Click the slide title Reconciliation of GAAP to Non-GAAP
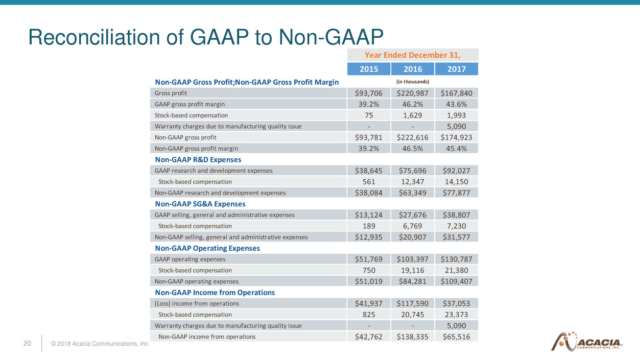[205, 38]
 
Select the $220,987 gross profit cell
[413, 93]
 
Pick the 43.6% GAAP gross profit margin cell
[456, 104]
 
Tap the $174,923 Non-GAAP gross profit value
[456, 137]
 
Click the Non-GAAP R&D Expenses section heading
[198, 160]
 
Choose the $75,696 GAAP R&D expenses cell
[413, 171]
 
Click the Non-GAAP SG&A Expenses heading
[200, 204]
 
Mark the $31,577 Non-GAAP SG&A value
[456, 237]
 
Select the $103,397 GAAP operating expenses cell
[413, 259]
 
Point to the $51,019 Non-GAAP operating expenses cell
[369, 281]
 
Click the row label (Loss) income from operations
[197, 303]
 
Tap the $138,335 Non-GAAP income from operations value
[413, 337]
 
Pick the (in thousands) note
[413, 82]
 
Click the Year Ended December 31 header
[413, 55]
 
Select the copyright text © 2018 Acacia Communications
[100, 344]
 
